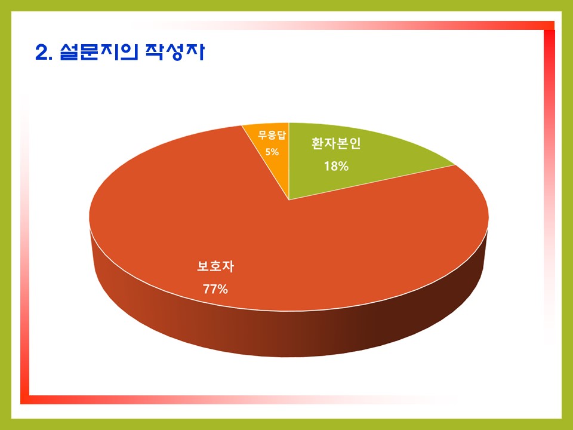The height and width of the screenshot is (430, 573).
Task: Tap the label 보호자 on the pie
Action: pyautogui.click(x=215, y=266)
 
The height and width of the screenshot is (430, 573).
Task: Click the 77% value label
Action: pyautogui.click(x=215, y=289)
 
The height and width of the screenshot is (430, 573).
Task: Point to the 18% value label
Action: pyautogui.click(x=336, y=167)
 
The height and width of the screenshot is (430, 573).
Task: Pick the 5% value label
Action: pyautogui.click(x=272, y=151)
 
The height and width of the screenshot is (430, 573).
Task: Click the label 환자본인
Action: pyautogui.click(x=336, y=143)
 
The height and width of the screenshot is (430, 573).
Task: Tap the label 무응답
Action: pyautogui.click(x=272, y=135)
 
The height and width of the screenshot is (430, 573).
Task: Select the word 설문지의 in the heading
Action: pyautogui.click(x=99, y=52)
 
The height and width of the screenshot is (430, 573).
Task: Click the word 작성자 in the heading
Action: pyautogui.click(x=175, y=52)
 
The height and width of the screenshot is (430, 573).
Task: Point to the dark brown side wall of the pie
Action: pyautogui.click(x=289, y=329)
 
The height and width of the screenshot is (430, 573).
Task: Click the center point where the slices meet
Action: pyautogui.click(x=289, y=200)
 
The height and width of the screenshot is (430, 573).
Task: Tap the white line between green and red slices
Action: pyautogui.click(x=372, y=183)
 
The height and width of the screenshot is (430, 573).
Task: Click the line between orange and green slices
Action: pyautogui.click(x=289, y=161)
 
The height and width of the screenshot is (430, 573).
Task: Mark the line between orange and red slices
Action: pyautogui.click(x=265, y=162)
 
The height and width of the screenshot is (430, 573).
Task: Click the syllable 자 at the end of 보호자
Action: pyautogui.click(x=228, y=266)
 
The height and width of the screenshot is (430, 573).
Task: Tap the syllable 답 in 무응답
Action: pyautogui.click(x=281, y=135)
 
